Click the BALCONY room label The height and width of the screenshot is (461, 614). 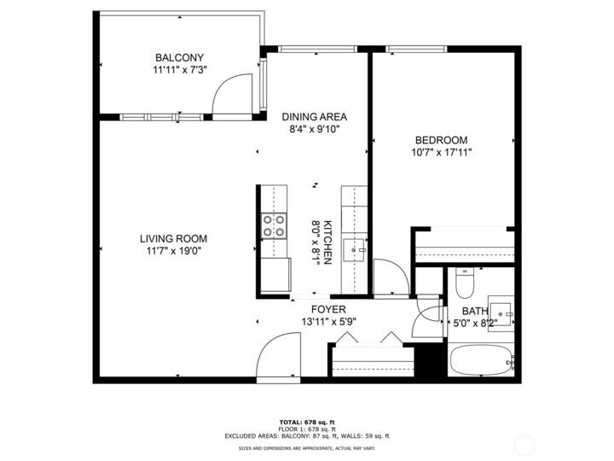click(179, 58)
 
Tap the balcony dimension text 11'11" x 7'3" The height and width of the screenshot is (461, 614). click(179, 71)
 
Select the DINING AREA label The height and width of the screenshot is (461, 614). click(315, 117)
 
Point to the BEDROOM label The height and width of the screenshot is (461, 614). click(441, 140)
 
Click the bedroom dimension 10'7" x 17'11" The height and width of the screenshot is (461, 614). click(441, 153)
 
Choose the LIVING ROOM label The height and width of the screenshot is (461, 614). click(174, 239)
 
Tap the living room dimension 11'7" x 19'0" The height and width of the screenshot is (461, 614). click(174, 252)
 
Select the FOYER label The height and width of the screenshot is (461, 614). click(328, 309)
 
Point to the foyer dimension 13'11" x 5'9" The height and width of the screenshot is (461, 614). click(328, 322)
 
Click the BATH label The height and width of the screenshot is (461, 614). click(474, 312)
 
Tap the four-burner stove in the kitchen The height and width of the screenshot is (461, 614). click(274, 225)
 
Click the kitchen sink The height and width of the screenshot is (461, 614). click(354, 249)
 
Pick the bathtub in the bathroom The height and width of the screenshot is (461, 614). click(482, 362)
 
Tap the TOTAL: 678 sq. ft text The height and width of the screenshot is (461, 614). click(306, 422)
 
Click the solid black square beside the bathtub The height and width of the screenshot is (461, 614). click(434, 359)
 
